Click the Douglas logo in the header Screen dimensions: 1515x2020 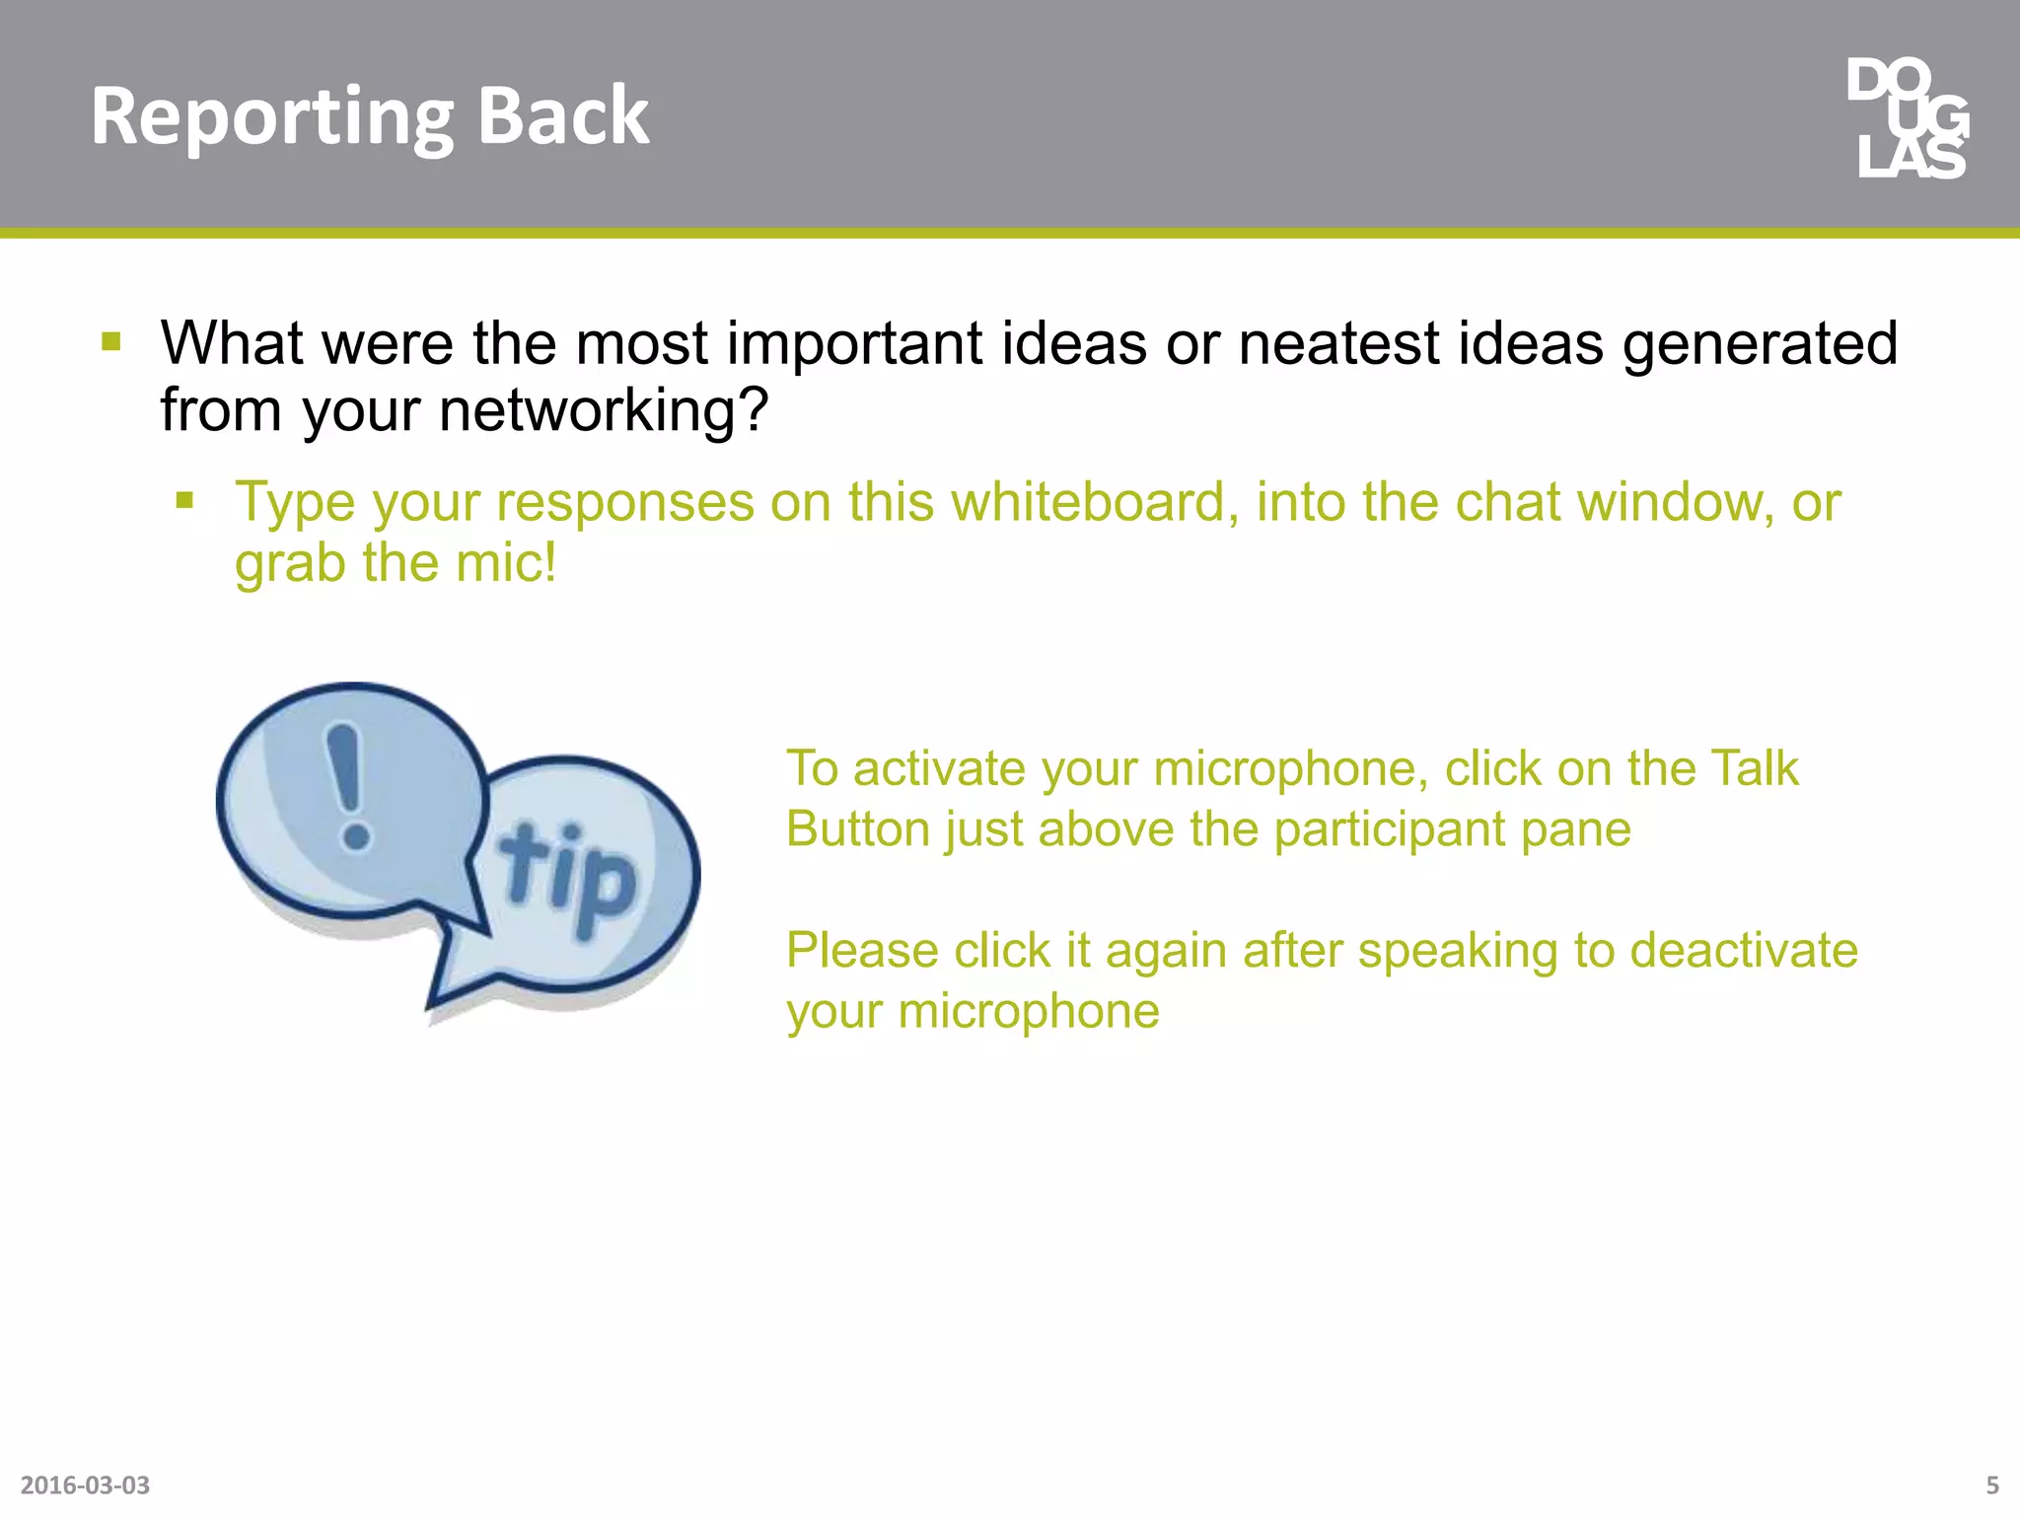(1909, 118)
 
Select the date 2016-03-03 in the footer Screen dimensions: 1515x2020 (85, 1484)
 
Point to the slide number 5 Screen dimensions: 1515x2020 (1991, 1484)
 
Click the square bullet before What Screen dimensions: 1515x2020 (111, 342)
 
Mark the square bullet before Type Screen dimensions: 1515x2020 (184, 501)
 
